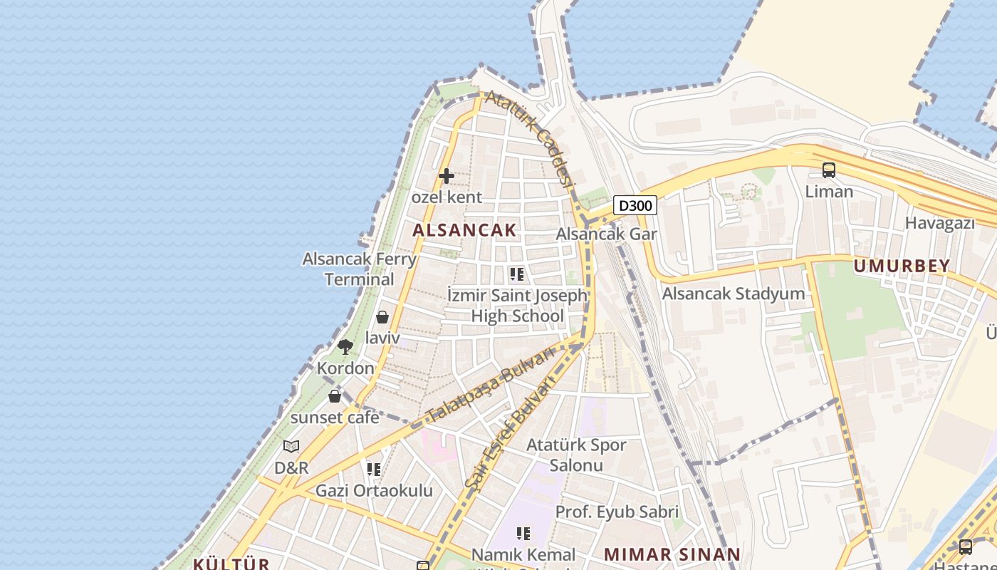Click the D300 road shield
[x=635, y=206]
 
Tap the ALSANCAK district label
[x=464, y=229]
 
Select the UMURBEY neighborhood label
[x=902, y=266]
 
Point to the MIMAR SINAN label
[x=672, y=554]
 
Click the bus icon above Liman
[x=829, y=170]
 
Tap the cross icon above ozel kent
[x=447, y=175]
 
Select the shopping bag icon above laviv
[x=382, y=317]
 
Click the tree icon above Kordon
[x=345, y=347]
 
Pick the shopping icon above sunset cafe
[x=335, y=396]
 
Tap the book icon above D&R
[x=291, y=446]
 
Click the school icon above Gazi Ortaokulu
[x=374, y=470]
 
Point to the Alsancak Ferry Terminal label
[x=360, y=269]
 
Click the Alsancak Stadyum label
[x=734, y=294]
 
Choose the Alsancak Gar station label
[x=606, y=234]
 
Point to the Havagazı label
[x=939, y=223]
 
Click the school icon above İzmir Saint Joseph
[x=517, y=274]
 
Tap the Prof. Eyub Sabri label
[x=617, y=512]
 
